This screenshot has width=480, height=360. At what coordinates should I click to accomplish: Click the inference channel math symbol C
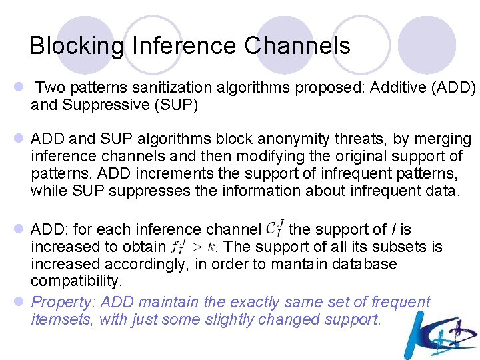click(275, 229)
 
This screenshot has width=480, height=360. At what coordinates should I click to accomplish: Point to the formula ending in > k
click(193, 247)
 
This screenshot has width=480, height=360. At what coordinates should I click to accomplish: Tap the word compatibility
click(76, 281)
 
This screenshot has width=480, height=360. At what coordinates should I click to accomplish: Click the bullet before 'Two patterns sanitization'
click(21, 87)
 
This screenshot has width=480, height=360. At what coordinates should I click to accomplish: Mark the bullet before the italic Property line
click(21, 302)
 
